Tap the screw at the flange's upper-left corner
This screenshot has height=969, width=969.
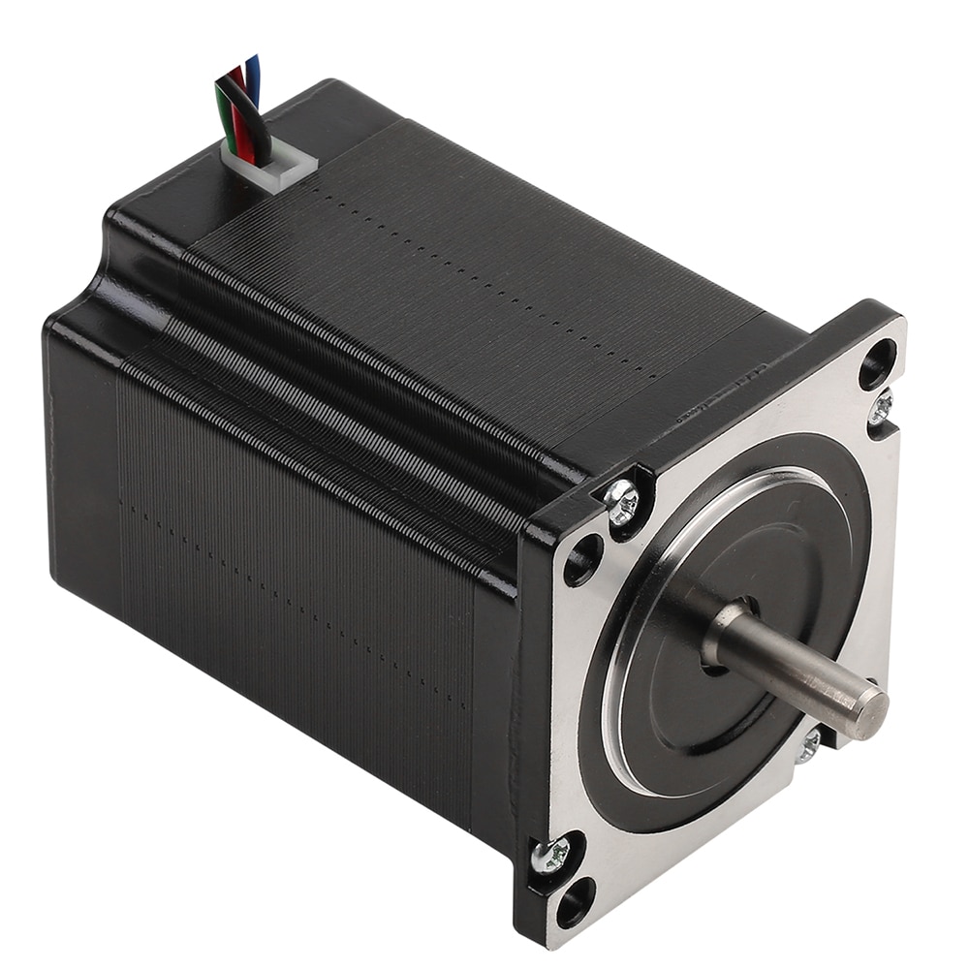click(x=622, y=501)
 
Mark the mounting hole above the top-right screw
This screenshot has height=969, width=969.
click(x=877, y=362)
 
